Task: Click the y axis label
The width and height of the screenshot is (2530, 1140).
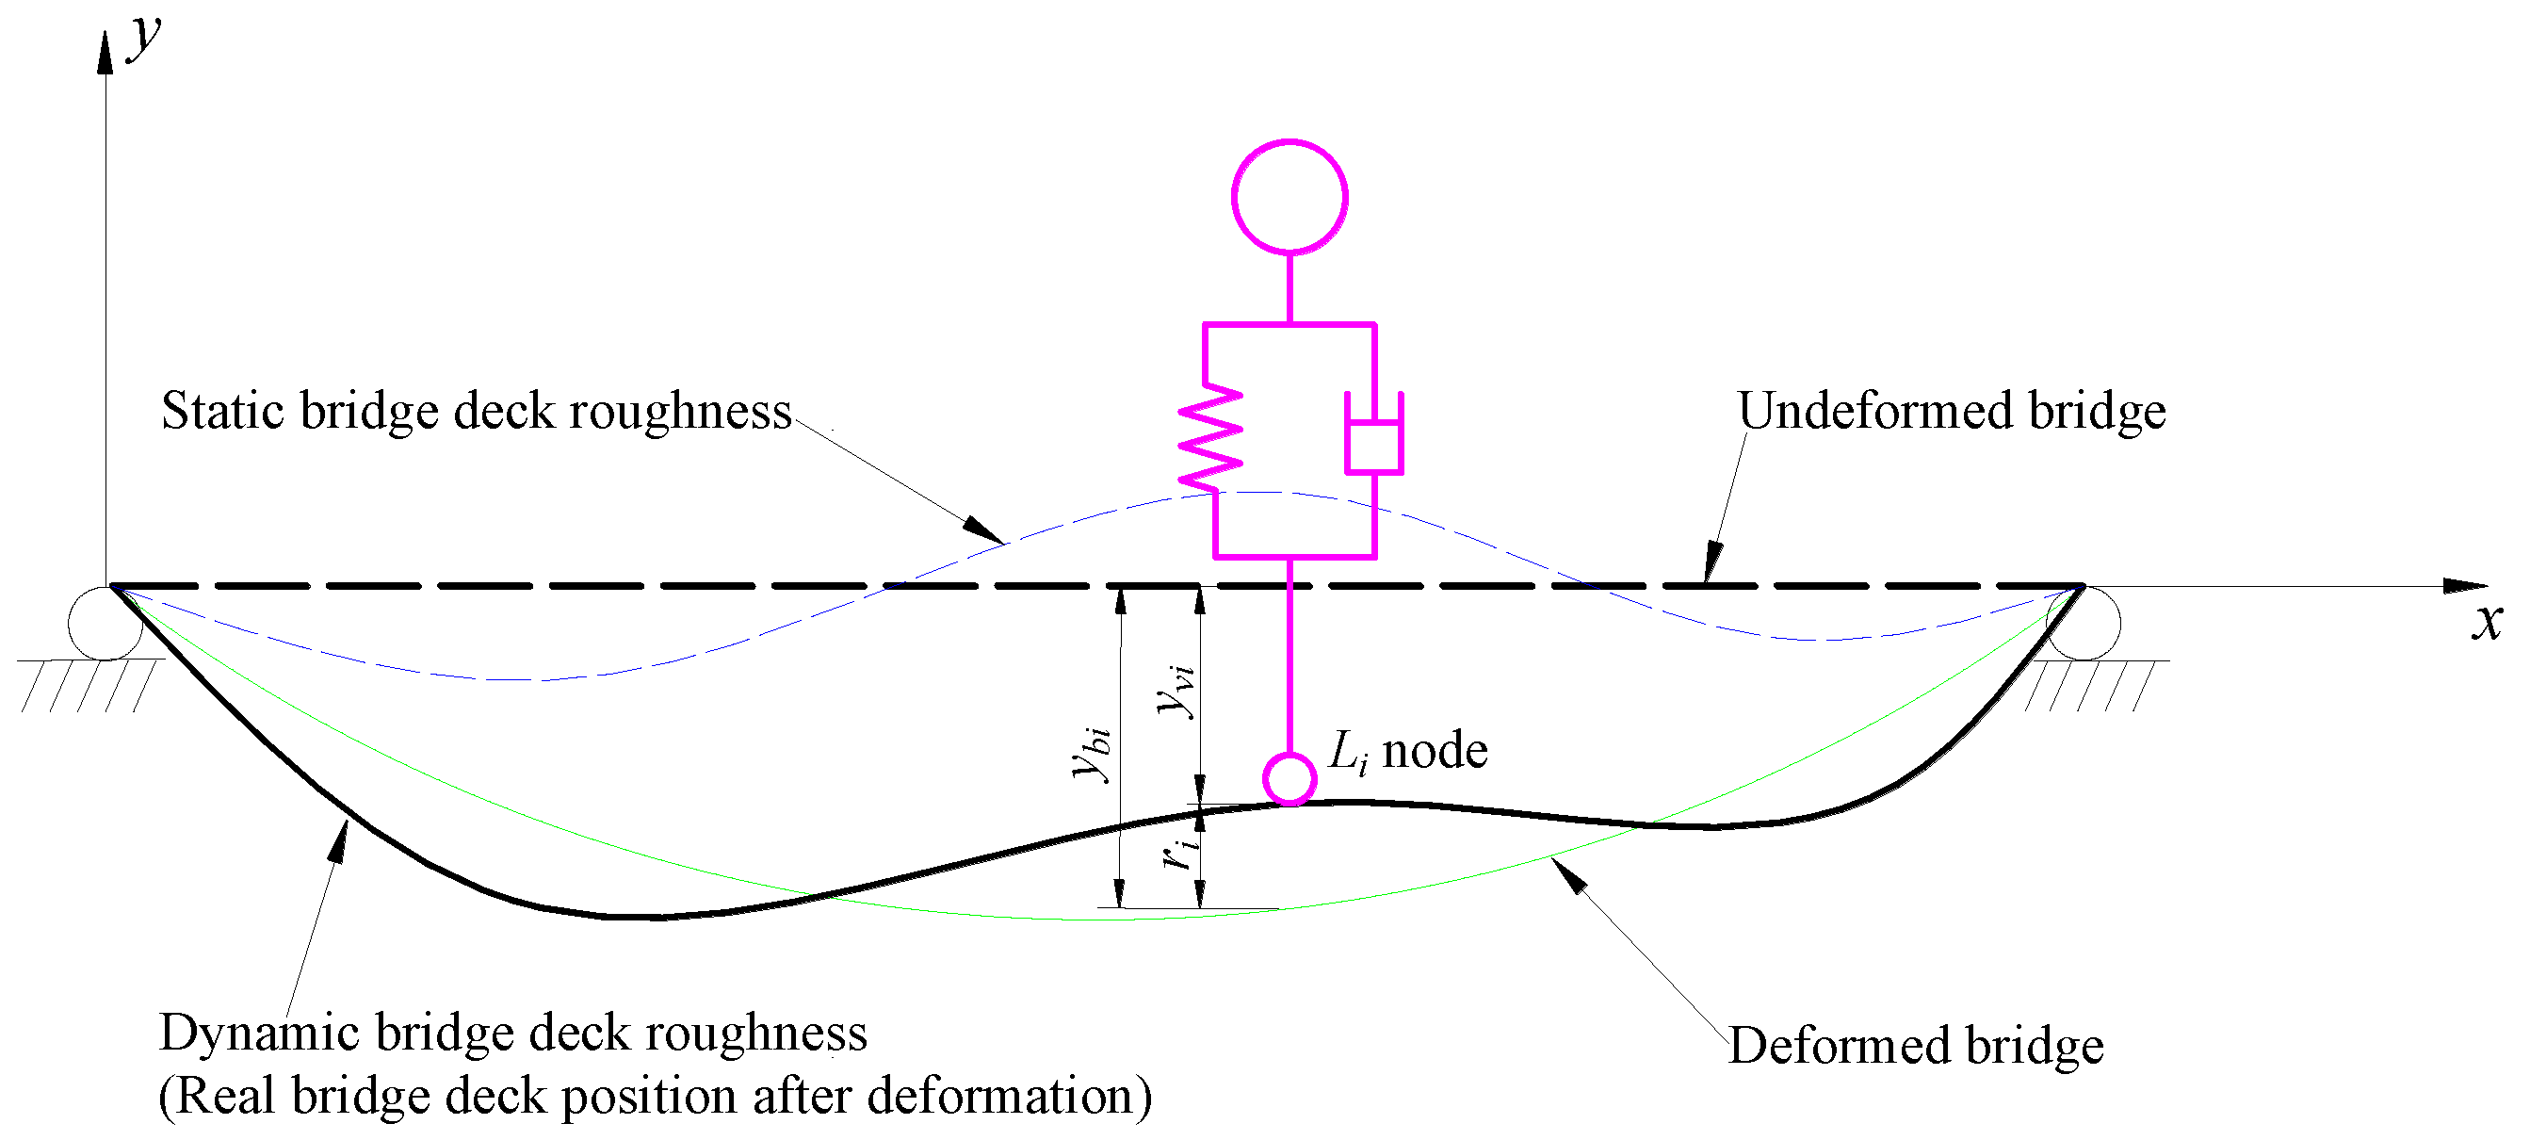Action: (x=145, y=38)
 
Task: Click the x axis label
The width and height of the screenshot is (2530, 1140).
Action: (x=2487, y=622)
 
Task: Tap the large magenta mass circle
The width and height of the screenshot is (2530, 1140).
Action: (x=1289, y=197)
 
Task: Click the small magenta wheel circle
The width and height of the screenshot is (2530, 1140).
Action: (x=1289, y=778)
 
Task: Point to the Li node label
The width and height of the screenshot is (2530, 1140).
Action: (x=1406, y=751)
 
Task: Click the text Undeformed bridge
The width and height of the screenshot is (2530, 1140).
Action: (x=1951, y=411)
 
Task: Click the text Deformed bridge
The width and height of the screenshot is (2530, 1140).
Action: (x=1915, y=1045)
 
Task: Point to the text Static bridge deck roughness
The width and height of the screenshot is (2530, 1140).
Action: (x=477, y=411)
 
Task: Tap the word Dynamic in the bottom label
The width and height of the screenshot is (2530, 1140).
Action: (x=259, y=1034)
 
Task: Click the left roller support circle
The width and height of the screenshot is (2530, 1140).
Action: (x=105, y=623)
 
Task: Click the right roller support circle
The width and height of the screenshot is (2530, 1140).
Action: (x=2084, y=623)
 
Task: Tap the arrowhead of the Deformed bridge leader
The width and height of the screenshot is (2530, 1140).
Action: (x=1567, y=874)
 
